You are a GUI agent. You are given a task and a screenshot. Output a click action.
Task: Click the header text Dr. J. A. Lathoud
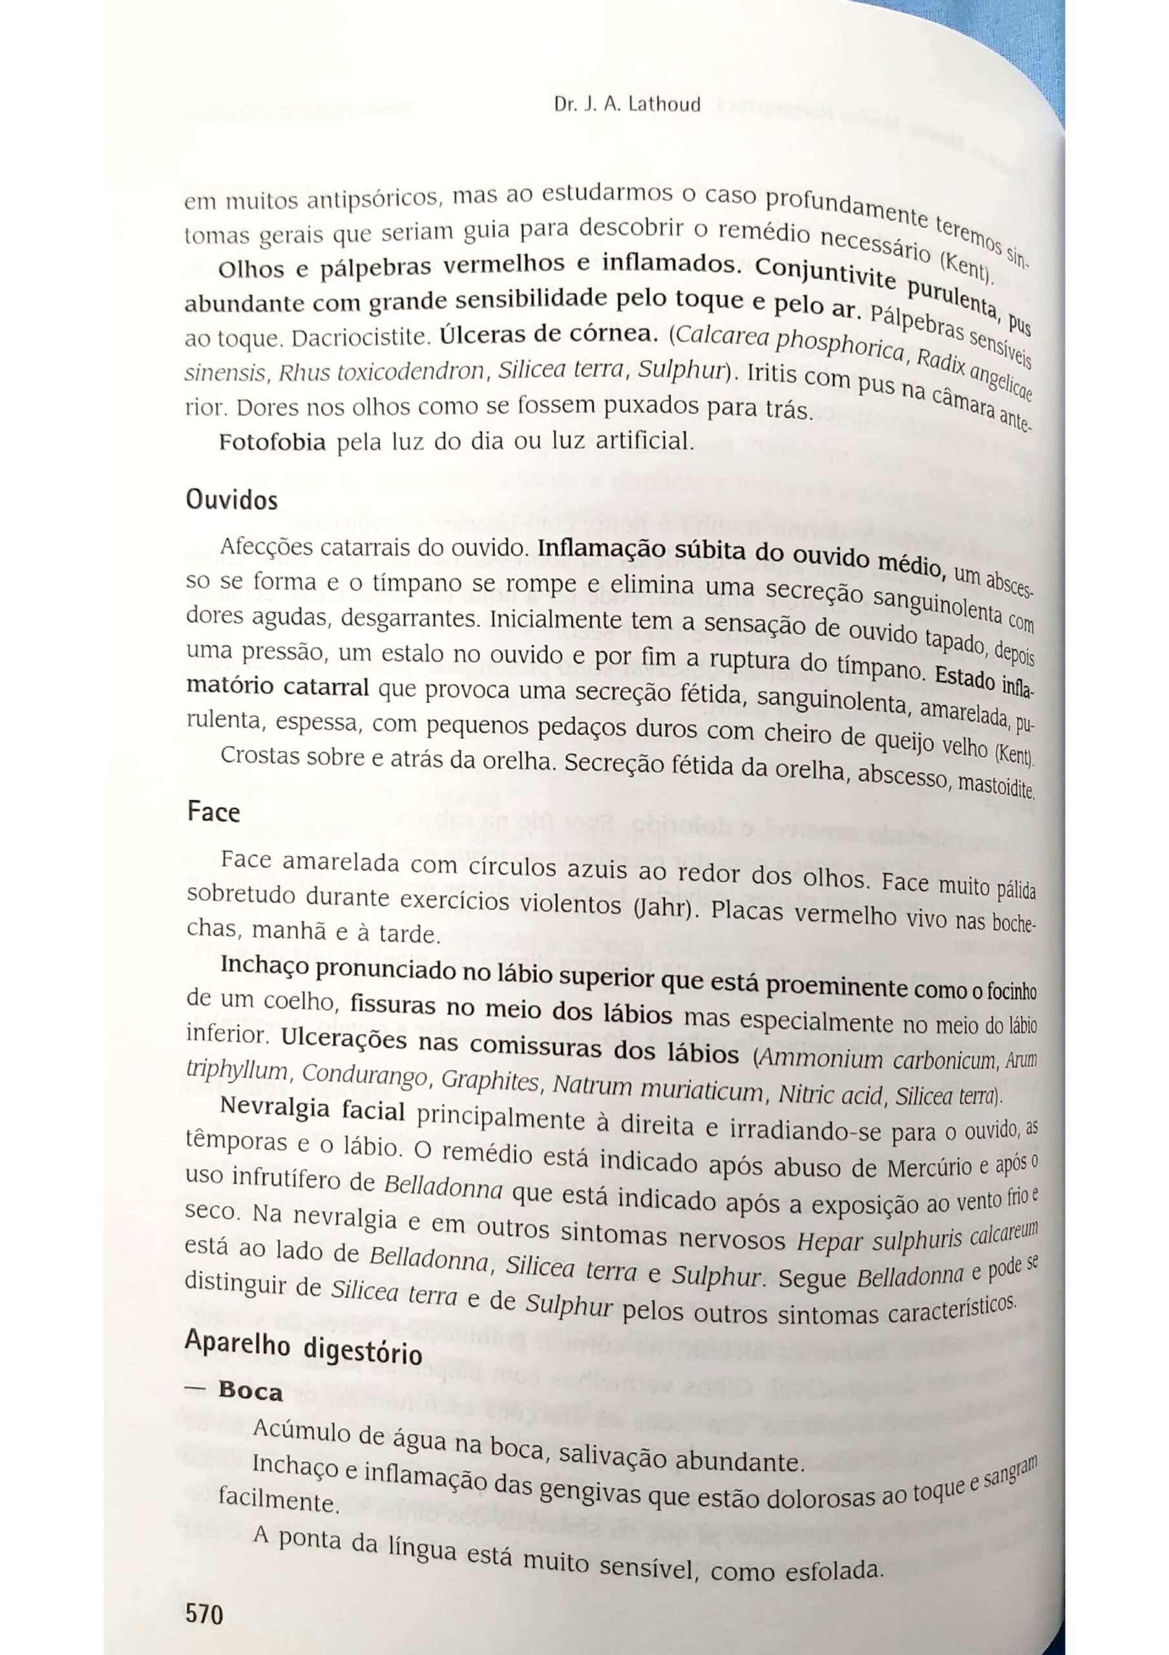(627, 105)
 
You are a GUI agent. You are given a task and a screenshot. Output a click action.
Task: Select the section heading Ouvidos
(231, 500)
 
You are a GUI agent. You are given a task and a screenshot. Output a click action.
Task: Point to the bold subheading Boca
(250, 1391)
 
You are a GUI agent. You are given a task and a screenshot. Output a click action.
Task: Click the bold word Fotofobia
(273, 442)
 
